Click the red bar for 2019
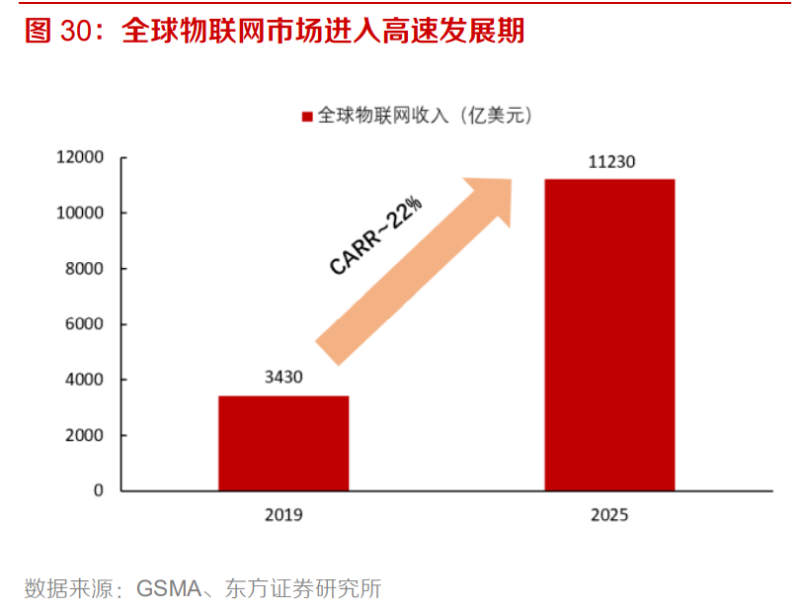pos(283,443)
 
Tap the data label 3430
pos(283,377)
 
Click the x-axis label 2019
pos(283,515)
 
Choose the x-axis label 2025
pos(609,515)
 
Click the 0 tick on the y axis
pos(98,490)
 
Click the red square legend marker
pos(306,117)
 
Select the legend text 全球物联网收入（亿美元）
pos(425,117)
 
